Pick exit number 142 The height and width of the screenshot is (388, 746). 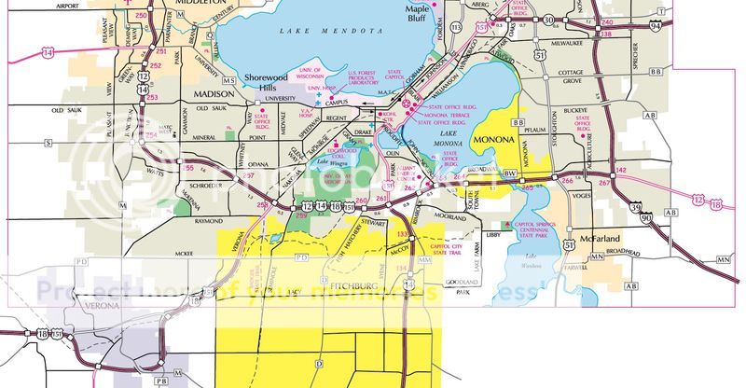point(622,169)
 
